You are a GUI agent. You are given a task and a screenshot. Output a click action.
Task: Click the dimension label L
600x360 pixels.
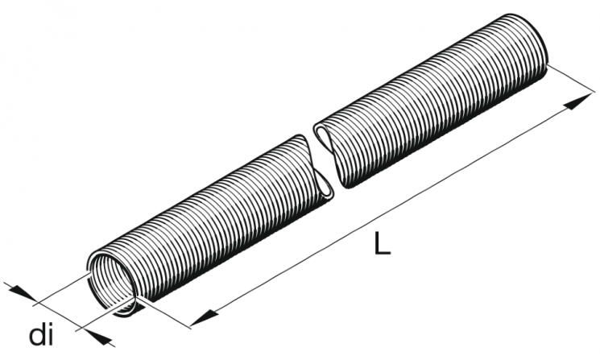pos(382,243)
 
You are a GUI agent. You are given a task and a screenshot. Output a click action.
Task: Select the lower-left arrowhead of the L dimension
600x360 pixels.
pos(204,317)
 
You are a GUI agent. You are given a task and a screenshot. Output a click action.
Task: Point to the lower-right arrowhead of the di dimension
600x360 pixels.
pos(98,337)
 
